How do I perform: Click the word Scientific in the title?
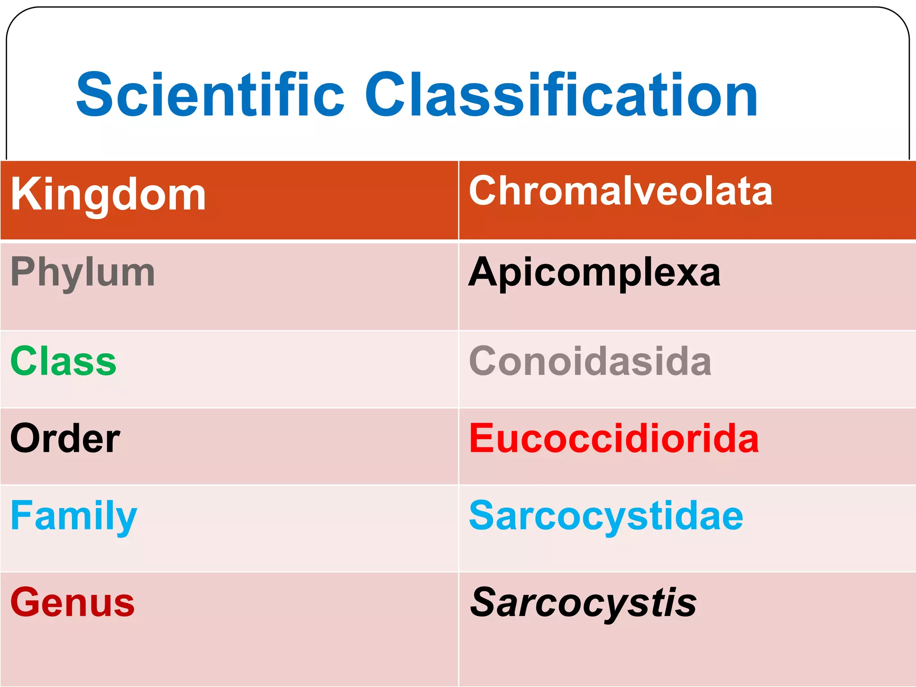point(210,95)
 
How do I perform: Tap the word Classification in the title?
point(561,95)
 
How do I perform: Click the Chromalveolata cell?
point(620,191)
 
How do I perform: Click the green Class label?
point(63,361)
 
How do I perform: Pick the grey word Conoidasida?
point(590,361)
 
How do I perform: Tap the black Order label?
point(65,438)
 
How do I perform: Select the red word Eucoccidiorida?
point(614,438)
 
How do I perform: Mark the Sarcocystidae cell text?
point(606,516)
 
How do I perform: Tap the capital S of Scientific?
point(94,95)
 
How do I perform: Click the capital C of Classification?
point(388,95)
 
